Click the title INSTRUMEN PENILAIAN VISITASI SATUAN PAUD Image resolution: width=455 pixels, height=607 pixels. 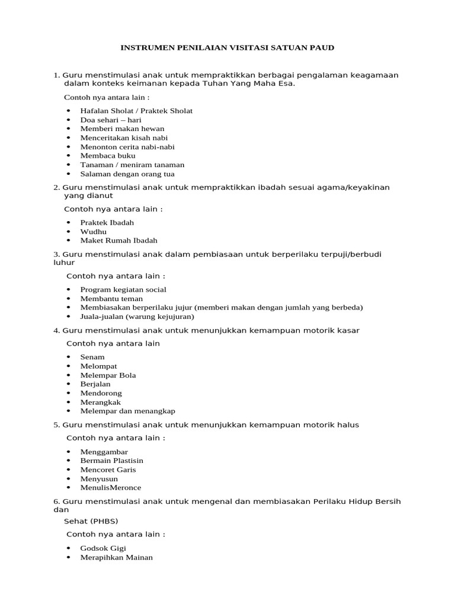[x=227, y=47]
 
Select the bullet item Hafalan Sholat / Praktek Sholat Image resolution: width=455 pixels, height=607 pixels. [x=136, y=111]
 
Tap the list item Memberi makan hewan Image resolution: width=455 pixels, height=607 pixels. [x=122, y=129]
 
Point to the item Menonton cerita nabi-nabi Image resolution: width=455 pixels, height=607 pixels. [x=127, y=147]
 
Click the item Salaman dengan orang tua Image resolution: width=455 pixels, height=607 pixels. [x=127, y=174]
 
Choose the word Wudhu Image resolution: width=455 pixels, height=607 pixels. [x=94, y=232]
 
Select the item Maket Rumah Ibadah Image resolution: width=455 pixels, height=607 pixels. [x=118, y=241]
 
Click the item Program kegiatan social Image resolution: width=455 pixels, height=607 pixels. [x=123, y=290]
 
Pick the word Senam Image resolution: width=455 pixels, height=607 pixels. [x=92, y=357]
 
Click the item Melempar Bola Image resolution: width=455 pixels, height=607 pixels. [x=108, y=375]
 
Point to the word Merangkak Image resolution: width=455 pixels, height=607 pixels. [x=100, y=402]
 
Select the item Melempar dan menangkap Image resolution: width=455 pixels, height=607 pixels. [x=127, y=411]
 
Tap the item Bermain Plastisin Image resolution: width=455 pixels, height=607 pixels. [x=111, y=461]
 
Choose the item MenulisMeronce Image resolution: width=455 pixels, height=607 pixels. [x=111, y=488]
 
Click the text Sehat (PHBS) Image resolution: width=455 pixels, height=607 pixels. [x=91, y=522]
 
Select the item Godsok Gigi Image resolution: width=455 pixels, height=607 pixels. [x=103, y=548]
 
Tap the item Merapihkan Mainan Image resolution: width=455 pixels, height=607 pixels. [x=116, y=558]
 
